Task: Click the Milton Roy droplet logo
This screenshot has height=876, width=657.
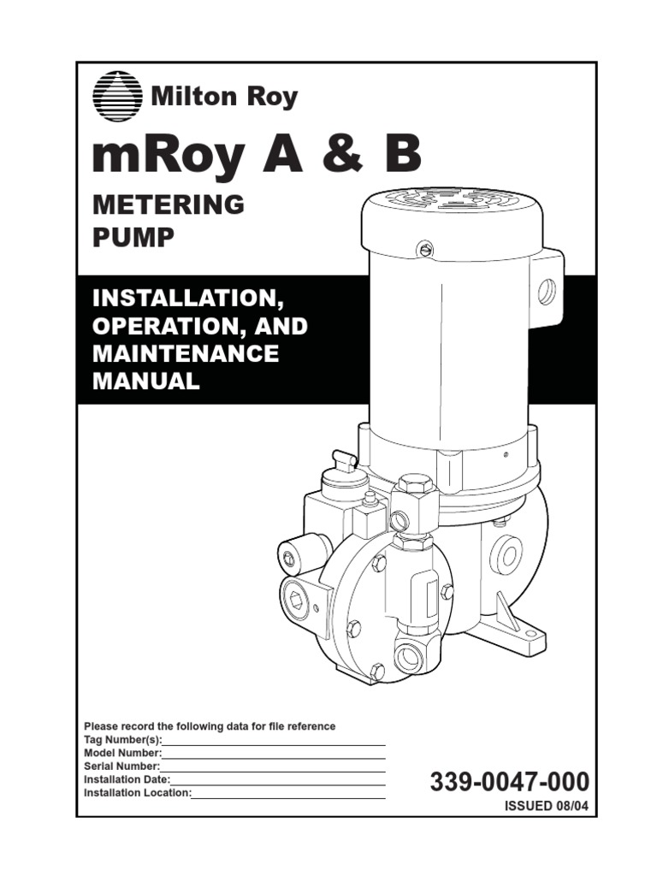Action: pos(116,96)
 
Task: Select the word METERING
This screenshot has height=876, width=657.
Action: pos(169,204)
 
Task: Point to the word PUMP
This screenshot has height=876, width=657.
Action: pos(133,238)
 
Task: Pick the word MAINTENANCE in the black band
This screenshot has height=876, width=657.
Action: pos(186,353)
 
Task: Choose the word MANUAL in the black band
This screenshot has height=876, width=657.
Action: pos(145,381)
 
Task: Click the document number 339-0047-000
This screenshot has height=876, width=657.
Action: pos(510,781)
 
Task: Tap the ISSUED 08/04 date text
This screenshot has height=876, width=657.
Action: pos(547,806)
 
